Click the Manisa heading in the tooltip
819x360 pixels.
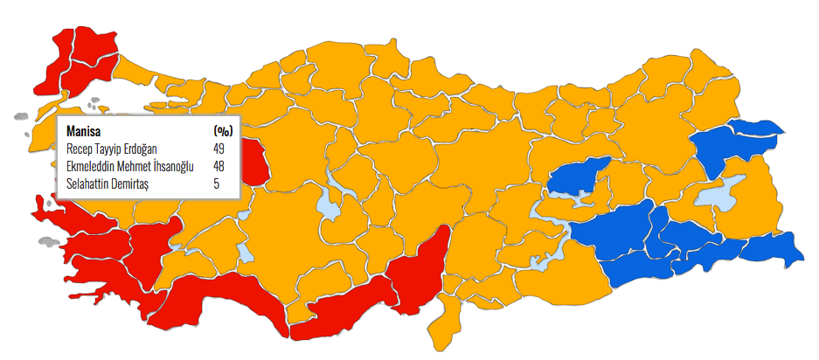[85, 130]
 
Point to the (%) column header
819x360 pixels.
[223, 130]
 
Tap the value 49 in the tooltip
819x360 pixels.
[219, 149]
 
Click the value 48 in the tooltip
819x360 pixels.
[219, 166]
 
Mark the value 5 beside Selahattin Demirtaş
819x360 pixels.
[216, 183]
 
